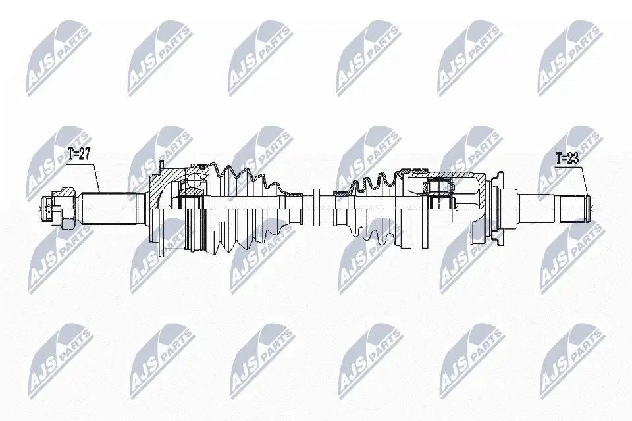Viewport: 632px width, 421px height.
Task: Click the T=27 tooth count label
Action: click(79, 155)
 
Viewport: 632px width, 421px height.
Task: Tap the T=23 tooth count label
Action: click(566, 159)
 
